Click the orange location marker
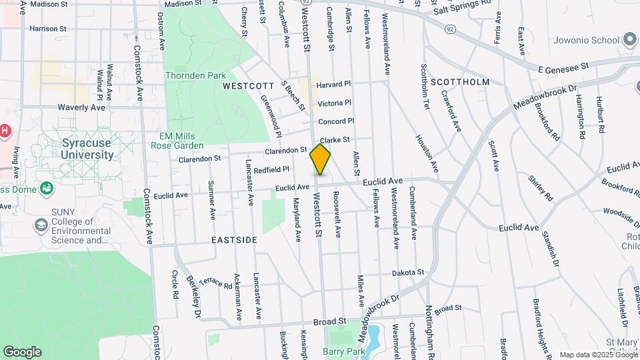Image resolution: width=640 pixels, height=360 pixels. pos(321,159)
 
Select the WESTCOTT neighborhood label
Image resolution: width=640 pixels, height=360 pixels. pos(248,86)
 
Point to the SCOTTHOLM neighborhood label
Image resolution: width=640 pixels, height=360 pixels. pos(460,82)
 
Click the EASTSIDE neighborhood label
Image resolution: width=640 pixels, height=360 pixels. pos(234,239)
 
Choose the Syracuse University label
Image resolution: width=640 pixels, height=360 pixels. pos(87,149)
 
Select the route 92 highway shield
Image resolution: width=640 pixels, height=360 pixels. pos(451,29)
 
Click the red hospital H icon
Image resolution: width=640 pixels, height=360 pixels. pos(5,131)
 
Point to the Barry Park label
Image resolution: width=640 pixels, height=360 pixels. pos(341,351)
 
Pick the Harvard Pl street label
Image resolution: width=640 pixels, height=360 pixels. pos(333,85)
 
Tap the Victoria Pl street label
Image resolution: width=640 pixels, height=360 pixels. pos(334,103)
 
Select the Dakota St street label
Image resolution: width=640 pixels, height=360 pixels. pos(407,272)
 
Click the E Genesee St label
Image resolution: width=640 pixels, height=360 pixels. pos(565,67)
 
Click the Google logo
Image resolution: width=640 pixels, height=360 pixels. pos(22,351)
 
